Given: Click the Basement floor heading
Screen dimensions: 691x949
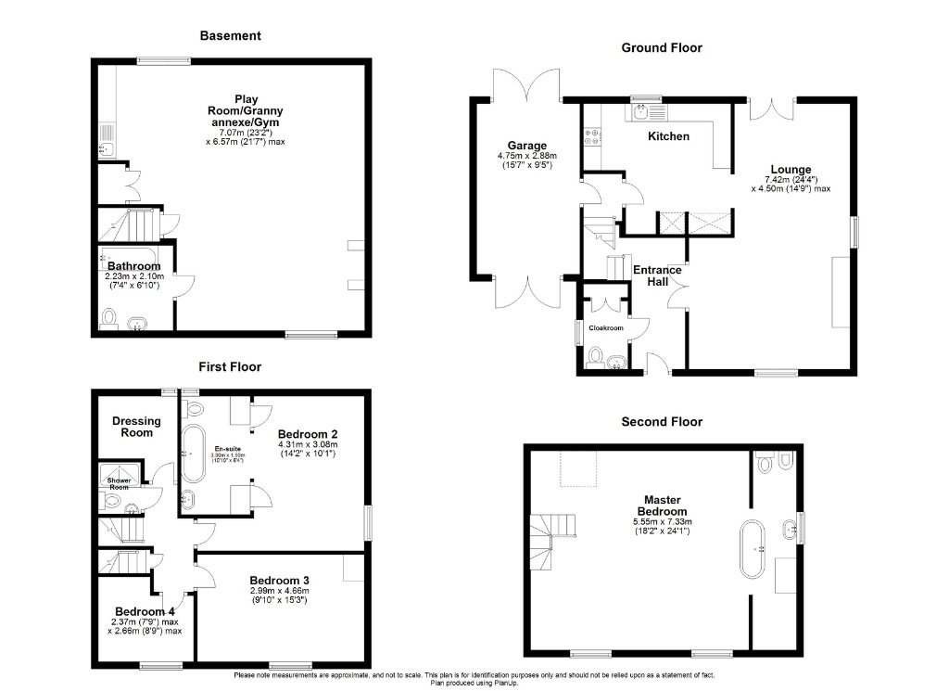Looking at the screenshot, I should pyautogui.click(x=231, y=36).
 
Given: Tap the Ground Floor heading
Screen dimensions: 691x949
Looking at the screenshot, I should pyautogui.click(x=661, y=47).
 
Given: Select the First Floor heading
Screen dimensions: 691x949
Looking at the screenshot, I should pyautogui.click(x=230, y=367).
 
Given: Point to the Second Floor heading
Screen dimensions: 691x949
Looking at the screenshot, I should pyautogui.click(x=662, y=422).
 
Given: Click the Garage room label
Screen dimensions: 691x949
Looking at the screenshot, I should pyautogui.click(x=526, y=146).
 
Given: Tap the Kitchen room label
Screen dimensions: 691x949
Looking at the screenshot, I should pyautogui.click(x=668, y=136).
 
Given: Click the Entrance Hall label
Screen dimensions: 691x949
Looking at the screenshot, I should pyautogui.click(x=657, y=275).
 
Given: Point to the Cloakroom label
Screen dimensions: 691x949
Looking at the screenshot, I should pyautogui.click(x=603, y=328).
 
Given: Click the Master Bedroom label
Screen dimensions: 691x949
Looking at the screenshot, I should pyautogui.click(x=662, y=505).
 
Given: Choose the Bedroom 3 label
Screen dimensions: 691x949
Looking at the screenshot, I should pyautogui.click(x=279, y=581).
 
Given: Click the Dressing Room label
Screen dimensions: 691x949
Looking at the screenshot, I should pyautogui.click(x=136, y=427).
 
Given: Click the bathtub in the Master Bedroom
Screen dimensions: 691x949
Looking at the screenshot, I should pyautogui.click(x=750, y=550).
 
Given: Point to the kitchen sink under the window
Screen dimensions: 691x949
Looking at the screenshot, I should pyautogui.click(x=641, y=113).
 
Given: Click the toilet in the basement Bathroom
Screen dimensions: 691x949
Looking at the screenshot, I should pyautogui.click(x=108, y=320).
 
